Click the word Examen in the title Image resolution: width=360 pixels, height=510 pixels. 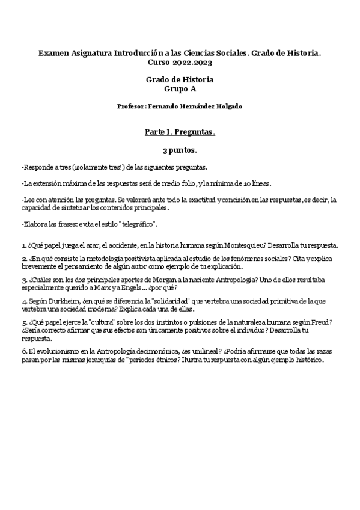point(53,54)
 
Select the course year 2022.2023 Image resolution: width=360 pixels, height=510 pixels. point(191,62)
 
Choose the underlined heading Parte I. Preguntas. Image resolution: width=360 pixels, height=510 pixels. point(180,131)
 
